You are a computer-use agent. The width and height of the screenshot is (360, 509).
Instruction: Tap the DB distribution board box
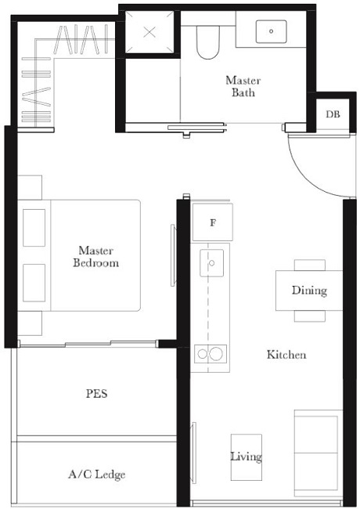pyautogui.click(x=332, y=114)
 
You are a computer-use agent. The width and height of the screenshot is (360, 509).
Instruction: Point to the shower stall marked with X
pyautogui.click(x=149, y=34)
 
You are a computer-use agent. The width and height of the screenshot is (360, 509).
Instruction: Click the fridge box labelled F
pyautogui.click(x=212, y=222)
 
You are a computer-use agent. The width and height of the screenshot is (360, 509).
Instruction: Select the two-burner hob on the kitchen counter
pyautogui.click(x=211, y=354)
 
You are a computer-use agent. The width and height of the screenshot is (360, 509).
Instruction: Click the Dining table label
pyautogui.click(x=308, y=291)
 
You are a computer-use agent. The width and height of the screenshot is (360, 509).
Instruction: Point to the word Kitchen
pyautogui.click(x=286, y=355)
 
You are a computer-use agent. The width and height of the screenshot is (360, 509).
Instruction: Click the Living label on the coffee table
pyautogui.click(x=246, y=457)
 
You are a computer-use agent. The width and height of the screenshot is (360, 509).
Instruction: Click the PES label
pyautogui.click(x=96, y=394)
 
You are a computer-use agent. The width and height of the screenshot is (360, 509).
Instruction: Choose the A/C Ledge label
pyautogui.click(x=96, y=474)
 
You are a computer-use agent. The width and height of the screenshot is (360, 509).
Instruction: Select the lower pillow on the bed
pyautogui.click(x=34, y=283)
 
